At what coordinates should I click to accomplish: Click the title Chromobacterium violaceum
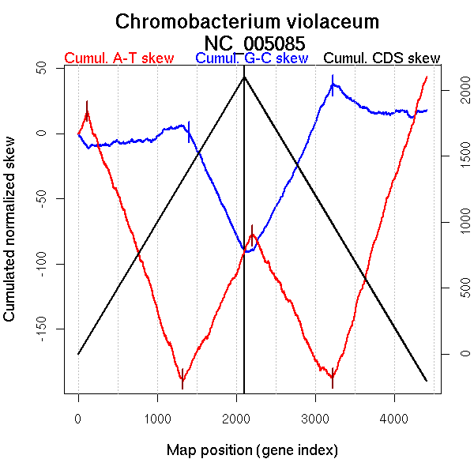(247, 21)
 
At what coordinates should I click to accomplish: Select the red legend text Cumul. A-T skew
(118, 58)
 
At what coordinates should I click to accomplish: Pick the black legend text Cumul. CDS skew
(382, 58)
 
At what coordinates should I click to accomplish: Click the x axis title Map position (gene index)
(252, 450)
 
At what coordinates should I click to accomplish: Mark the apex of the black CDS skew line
(244, 77)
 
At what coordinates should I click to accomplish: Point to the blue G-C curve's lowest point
(246, 252)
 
